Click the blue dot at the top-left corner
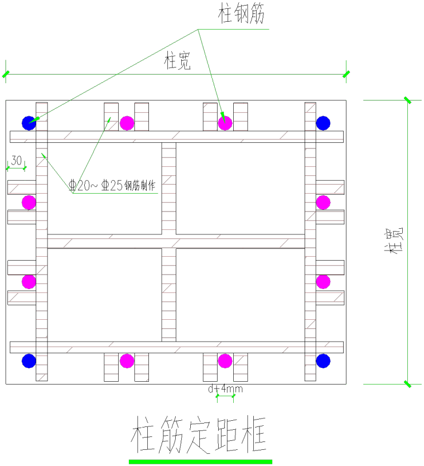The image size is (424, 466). click(x=29, y=123)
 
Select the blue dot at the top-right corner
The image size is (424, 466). click(x=323, y=123)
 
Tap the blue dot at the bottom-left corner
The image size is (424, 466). click(x=29, y=361)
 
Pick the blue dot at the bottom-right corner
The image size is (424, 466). click(x=323, y=361)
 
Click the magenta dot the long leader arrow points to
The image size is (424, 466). click(x=225, y=123)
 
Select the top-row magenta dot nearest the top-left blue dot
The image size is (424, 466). click(x=127, y=123)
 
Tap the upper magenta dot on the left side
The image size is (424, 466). click(x=29, y=203)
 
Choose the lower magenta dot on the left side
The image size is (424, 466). click(x=29, y=282)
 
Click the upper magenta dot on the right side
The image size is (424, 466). click(x=323, y=203)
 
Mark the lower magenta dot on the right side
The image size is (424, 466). click(x=323, y=282)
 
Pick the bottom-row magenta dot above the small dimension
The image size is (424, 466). click(x=225, y=361)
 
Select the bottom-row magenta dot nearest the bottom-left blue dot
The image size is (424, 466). click(x=127, y=361)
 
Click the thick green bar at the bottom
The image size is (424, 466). click(x=200, y=462)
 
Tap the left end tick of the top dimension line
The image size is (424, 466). click(x=6, y=74)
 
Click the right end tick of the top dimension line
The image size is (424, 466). click(x=346, y=74)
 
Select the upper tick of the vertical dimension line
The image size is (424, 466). click(x=407, y=100)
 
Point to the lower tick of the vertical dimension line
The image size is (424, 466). click(x=407, y=384)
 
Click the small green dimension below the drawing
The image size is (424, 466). click(x=225, y=396)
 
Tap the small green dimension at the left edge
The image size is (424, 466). click(x=16, y=168)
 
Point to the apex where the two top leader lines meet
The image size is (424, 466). click(x=198, y=30)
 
